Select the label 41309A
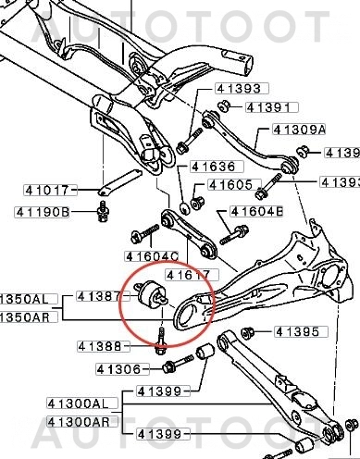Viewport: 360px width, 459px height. tap(299, 130)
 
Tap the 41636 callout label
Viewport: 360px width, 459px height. tap(212, 167)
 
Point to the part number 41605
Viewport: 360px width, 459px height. tap(230, 184)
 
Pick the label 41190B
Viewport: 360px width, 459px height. tap(43, 212)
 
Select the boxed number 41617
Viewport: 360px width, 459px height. tap(189, 274)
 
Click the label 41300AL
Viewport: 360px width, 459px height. tap(81, 404)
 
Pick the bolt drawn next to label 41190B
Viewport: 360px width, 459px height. tap(103, 214)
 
